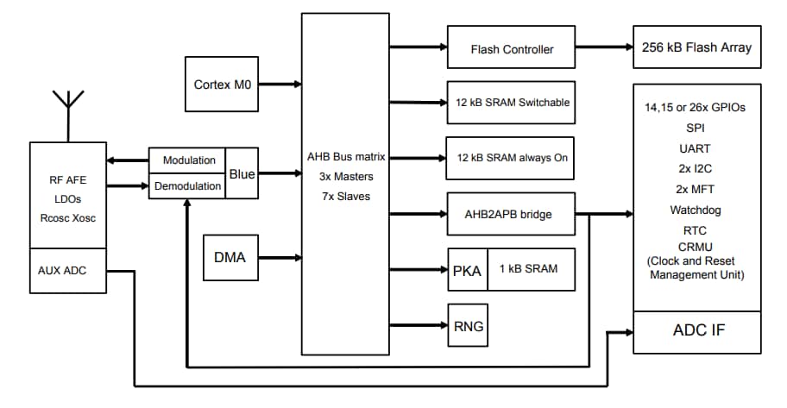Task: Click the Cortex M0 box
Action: [223, 85]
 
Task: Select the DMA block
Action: [230, 257]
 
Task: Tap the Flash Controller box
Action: [512, 49]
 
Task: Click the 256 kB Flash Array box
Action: [697, 47]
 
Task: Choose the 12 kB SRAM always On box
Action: [512, 158]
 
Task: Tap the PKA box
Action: [467, 269]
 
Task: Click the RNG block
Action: [467, 326]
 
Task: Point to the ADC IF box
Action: [697, 331]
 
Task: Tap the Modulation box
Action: [187, 160]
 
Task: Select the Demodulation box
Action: [187, 185]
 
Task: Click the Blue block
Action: [242, 173]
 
